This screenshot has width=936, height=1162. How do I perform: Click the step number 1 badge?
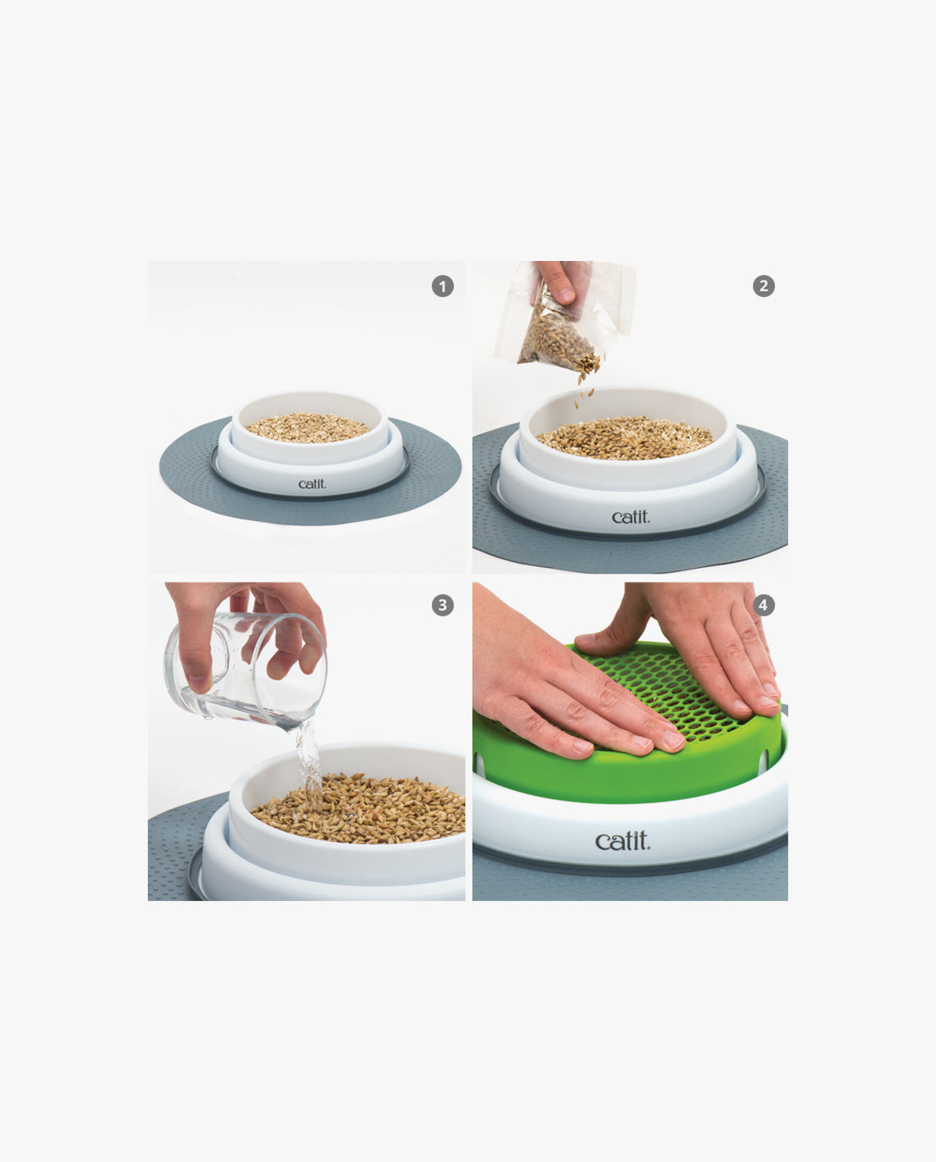pos(443,286)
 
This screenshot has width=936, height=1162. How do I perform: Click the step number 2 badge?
pos(764,286)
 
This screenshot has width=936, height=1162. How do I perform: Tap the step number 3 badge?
pos(443,606)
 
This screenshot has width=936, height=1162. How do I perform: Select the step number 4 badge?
pos(764,606)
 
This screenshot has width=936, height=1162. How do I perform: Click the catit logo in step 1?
pos(312,484)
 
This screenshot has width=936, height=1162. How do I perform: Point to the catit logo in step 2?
pos(631,517)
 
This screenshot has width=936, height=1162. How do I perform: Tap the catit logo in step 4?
pos(622,841)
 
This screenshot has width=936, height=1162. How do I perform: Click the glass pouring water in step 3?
pos(246,669)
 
